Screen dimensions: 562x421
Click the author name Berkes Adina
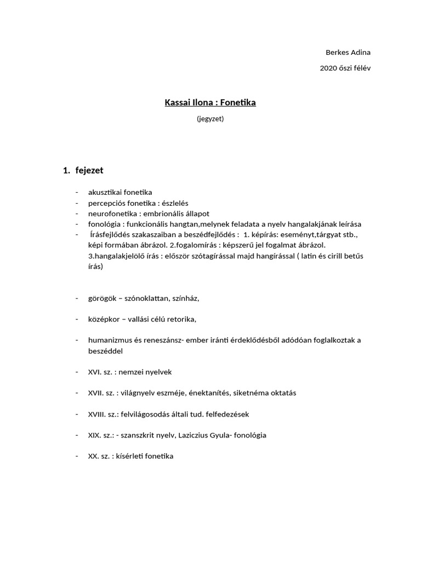348,53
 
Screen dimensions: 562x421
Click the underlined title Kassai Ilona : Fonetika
210,103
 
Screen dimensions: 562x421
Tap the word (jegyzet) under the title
210,118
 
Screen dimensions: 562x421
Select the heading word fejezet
89,171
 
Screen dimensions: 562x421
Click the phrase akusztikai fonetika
120,192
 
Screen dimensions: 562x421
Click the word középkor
104,319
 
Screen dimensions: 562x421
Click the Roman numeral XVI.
95,372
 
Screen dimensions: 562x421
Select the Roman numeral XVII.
96,393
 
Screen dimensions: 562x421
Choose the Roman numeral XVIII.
97,414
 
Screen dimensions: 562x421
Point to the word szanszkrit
137,435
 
